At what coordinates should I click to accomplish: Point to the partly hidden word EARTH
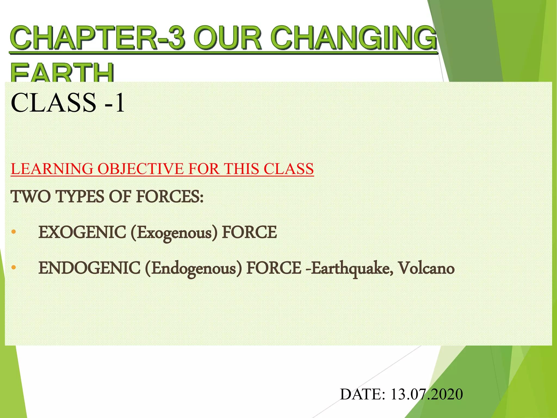tap(62, 73)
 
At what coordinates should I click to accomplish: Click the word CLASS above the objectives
tap(53, 103)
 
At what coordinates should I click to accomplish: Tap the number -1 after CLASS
tap(115, 103)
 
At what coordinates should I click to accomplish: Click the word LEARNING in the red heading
tap(52, 169)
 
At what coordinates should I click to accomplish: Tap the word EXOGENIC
tap(82, 232)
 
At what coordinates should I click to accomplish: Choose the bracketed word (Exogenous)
tap(174, 233)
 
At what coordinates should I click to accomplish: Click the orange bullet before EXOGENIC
tap(14, 232)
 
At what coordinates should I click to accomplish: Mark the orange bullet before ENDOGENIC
tap(14, 268)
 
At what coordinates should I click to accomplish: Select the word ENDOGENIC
tap(89, 268)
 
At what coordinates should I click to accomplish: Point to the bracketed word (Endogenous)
tap(193, 268)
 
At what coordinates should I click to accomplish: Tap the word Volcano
tap(426, 268)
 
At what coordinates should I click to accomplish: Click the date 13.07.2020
tap(426, 394)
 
